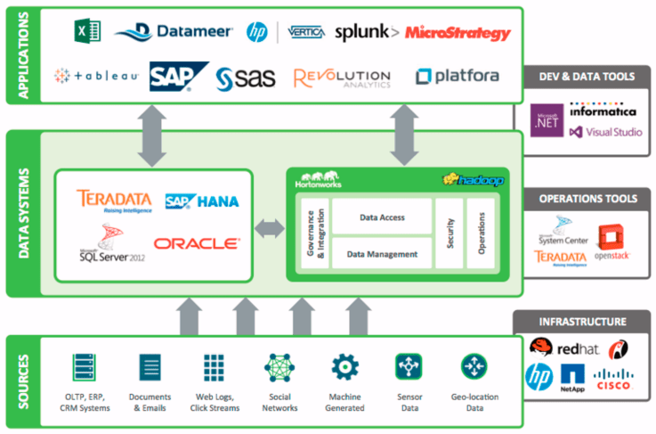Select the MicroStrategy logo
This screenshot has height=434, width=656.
pos(458,33)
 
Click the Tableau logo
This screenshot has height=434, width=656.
pos(95,76)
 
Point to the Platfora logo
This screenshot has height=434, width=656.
pos(457,78)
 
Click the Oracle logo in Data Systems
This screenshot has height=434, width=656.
pos(196,242)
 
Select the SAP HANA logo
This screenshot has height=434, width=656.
pos(202,201)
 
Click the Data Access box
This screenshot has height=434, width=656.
pos(382,217)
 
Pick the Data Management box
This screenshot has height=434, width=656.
pos(382,254)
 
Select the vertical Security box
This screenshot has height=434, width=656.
pos(450,233)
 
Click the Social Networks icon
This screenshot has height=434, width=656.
pos(279,367)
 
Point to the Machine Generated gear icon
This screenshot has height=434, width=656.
pos(344,367)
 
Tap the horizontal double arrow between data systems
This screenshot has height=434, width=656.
pos(269,228)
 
